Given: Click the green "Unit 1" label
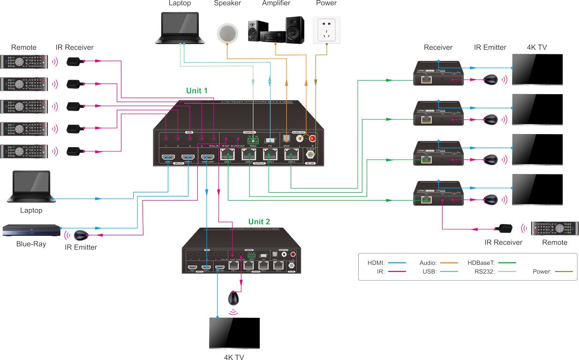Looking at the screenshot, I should [197, 90].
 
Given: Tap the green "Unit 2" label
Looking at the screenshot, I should [259, 221].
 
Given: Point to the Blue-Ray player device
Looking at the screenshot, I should [31, 231].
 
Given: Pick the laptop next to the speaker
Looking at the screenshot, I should [180, 29].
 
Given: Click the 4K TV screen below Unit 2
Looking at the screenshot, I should [234, 333].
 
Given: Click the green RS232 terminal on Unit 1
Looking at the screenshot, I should [254, 141].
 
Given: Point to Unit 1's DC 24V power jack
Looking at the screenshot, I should [309, 154].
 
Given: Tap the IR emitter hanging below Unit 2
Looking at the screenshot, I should [233, 298].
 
